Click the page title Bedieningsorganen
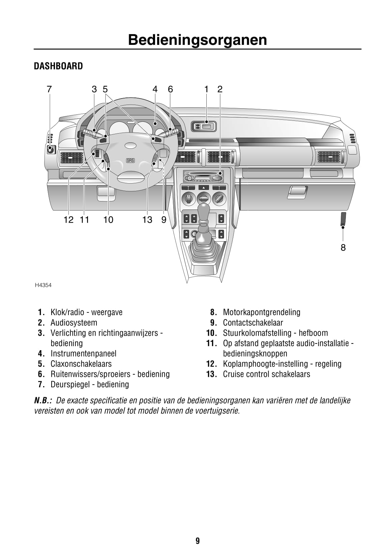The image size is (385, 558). coord(197,40)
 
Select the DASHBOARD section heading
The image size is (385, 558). coord(58,66)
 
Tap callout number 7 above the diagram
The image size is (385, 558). coord(49,89)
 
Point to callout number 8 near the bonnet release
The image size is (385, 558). coord(343,248)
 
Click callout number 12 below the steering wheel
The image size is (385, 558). coord(68,220)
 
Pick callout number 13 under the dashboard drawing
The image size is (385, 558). coord(147,220)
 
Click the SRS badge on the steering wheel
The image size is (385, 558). coord(130,160)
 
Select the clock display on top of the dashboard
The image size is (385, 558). coord(204,127)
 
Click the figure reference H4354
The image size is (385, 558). coord(43,285)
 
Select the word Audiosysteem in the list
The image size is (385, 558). coord(74,323)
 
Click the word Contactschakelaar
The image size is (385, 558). coord(253,323)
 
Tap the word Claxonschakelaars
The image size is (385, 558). coord(81,364)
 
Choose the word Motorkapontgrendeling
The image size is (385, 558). coord(261,312)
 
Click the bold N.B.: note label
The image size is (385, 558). coord(43,401)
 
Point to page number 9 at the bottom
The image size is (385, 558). coord(197,541)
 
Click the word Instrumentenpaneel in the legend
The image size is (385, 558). coord(83,354)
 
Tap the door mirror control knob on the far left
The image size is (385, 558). coord(50,149)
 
